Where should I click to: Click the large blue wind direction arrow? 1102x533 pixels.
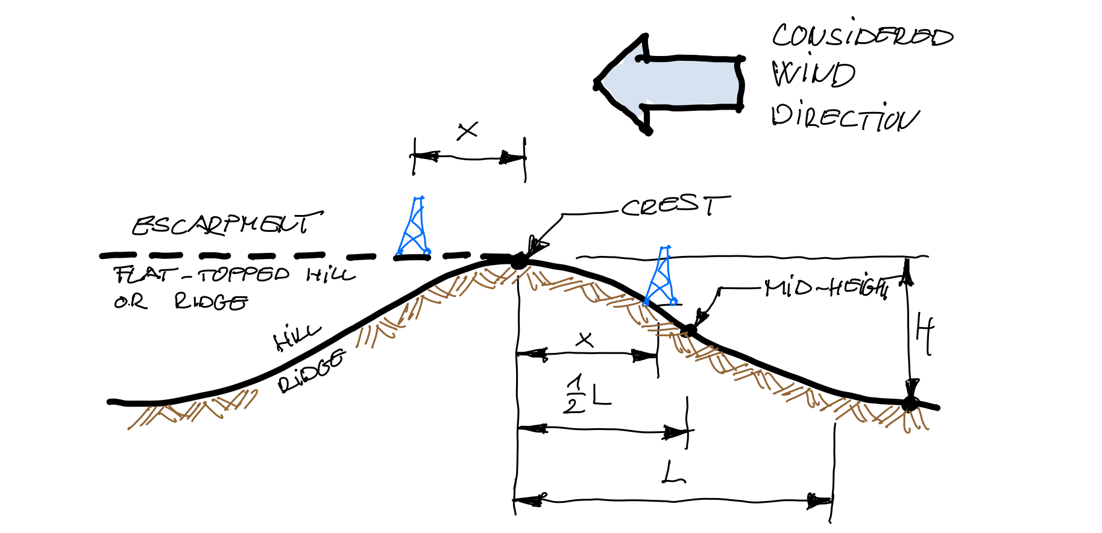click(669, 84)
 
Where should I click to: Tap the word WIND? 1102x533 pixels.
click(814, 74)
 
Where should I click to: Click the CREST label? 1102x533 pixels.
click(675, 206)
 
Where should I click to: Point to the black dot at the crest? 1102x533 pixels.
click(518, 262)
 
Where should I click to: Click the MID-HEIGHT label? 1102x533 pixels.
click(826, 288)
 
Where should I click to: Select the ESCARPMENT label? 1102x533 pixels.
click(227, 225)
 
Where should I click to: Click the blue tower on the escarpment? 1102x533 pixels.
click(414, 228)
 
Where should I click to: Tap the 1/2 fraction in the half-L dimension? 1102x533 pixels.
click(575, 394)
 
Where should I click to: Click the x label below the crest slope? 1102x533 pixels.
click(584, 340)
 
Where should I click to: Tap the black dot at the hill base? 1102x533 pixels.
click(910, 403)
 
